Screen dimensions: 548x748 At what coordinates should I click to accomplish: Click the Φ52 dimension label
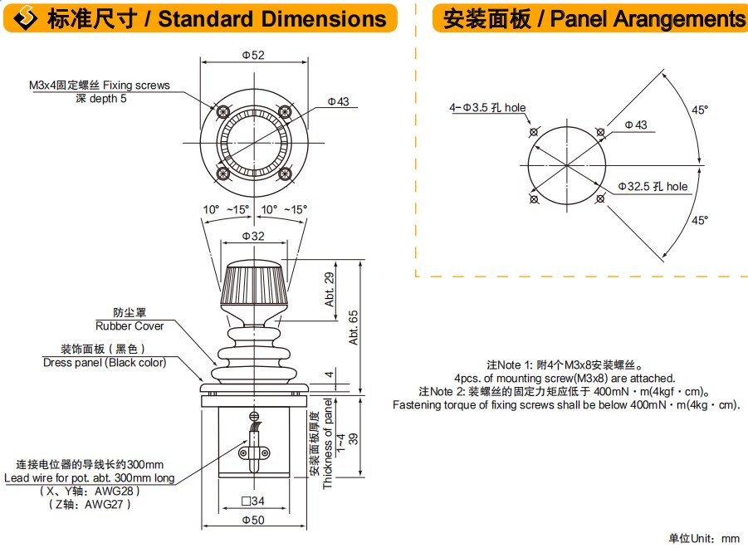click(x=253, y=55)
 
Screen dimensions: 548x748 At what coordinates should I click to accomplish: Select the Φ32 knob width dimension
click(x=253, y=237)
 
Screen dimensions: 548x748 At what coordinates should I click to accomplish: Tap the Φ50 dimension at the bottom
click(x=253, y=520)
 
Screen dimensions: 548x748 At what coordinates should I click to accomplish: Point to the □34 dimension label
click(x=253, y=501)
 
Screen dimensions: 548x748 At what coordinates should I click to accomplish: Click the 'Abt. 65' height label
click(x=354, y=327)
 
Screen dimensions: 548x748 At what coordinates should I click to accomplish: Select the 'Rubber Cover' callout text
click(x=130, y=325)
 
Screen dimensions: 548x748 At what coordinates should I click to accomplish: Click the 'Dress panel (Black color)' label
click(x=105, y=362)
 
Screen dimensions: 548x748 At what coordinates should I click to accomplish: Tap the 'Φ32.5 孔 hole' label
click(x=653, y=187)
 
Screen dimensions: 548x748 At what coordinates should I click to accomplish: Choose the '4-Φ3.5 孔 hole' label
click(x=487, y=108)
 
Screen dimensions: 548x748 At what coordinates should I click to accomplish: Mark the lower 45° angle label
click(x=700, y=220)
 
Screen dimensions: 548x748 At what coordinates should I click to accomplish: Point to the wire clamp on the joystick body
click(x=253, y=453)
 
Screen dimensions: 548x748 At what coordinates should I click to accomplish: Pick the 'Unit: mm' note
click(x=704, y=538)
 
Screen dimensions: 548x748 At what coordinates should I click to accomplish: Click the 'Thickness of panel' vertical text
click(x=328, y=444)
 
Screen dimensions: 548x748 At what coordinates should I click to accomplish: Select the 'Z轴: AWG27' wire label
click(x=90, y=503)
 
